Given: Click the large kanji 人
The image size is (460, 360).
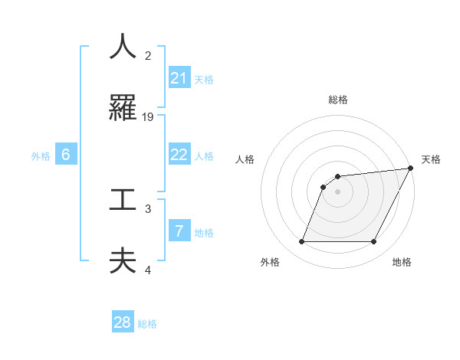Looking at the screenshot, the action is click(123, 47).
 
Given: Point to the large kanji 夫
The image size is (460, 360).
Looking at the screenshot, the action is click(123, 260).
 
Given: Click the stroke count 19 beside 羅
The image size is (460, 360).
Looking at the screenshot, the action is click(149, 116).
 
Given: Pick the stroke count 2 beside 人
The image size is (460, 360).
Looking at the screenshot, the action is click(148, 55).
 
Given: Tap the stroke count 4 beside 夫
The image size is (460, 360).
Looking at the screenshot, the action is click(149, 270).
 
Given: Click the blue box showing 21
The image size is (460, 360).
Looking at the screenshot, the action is click(179, 78).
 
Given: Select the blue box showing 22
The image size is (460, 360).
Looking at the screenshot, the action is click(179, 155).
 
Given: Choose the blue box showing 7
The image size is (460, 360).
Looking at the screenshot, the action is click(179, 231).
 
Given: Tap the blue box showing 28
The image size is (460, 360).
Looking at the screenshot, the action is click(123, 323).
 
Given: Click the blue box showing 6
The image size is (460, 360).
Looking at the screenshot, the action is click(66, 155).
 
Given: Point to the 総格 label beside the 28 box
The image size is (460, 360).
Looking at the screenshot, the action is click(147, 324).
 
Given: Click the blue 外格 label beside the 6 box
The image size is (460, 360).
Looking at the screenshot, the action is click(41, 155).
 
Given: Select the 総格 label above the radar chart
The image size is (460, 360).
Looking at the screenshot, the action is click(337, 100).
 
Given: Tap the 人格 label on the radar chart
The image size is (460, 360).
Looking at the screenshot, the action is click(246, 159).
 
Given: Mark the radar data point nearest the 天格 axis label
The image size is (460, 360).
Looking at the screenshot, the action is click(411, 168).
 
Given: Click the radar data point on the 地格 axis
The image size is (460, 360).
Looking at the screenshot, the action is click(373, 242).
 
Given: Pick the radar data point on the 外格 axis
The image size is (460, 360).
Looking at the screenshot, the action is click(301, 242).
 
